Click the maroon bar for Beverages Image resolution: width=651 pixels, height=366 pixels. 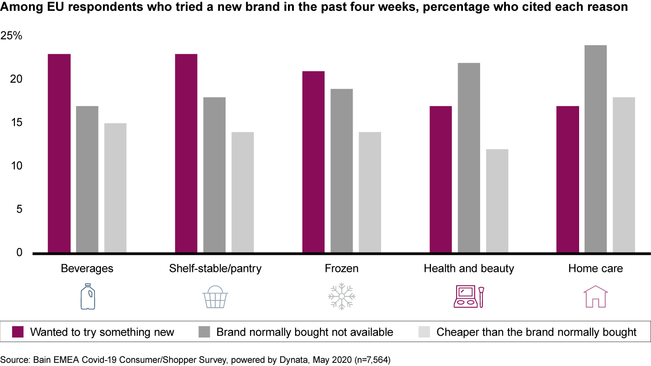[x=59, y=154]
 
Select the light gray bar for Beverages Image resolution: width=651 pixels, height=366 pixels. [x=115, y=188]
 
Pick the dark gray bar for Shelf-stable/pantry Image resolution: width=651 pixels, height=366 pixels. [x=214, y=175]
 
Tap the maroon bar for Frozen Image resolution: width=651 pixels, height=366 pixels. [x=313, y=162]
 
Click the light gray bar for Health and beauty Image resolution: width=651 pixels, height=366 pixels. [x=497, y=201]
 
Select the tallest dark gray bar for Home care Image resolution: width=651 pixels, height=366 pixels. [x=595, y=149]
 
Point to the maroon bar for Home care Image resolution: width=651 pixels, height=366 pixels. [x=567, y=179]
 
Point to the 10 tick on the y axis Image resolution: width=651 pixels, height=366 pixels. [x=17, y=166]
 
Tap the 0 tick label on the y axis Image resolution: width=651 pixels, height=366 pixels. [x=19, y=253]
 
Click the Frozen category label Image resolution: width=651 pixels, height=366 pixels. [x=341, y=268]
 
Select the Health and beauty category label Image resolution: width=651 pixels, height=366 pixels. [x=469, y=268]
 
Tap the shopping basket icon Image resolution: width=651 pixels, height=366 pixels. [x=215, y=297]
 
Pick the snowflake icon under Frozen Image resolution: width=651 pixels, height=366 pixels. [x=342, y=297]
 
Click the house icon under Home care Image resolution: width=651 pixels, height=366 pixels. [x=595, y=297]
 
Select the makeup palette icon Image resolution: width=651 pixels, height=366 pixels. [x=468, y=297]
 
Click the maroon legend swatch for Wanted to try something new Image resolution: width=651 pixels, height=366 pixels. [x=18, y=332]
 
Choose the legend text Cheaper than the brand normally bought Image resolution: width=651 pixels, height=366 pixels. [x=536, y=333]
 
